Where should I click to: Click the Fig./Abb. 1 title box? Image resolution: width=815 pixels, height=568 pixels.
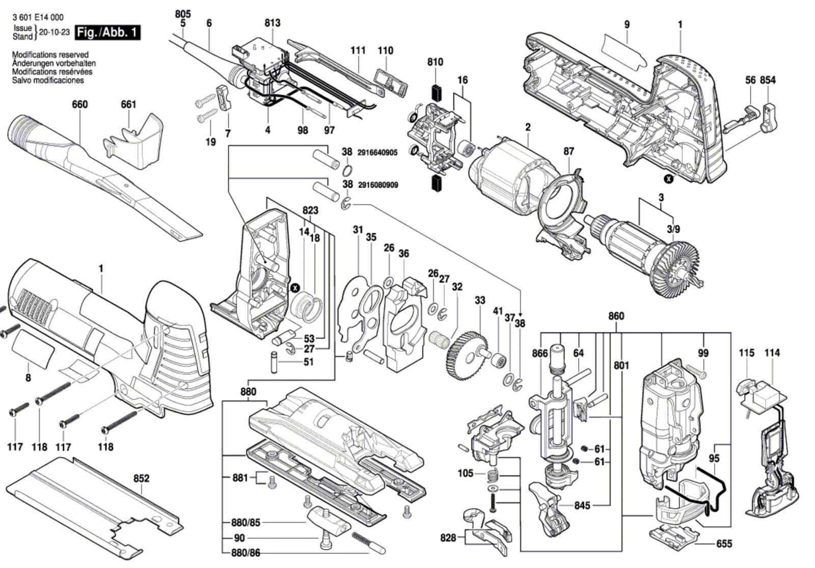(x=107, y=33)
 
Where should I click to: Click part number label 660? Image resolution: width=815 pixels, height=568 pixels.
(x=79, y=104)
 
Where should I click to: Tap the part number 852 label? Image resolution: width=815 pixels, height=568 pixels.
(x=141, y=478)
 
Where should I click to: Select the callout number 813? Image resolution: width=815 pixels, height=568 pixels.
(x=272, y=23)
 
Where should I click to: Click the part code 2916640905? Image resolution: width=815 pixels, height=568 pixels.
(x=377, y=152)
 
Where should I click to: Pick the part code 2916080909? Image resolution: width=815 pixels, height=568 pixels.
(x=377, y=185)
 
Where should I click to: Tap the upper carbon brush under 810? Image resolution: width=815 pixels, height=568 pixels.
(x=436, y=93)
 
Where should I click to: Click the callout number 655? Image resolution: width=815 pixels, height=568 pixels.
(x=724, y=544)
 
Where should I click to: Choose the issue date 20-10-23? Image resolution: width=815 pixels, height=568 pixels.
(x=54, y=32)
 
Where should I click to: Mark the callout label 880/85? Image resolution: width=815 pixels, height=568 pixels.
(x=246, y=523)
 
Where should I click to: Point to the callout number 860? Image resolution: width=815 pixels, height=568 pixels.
(x=616, y=316)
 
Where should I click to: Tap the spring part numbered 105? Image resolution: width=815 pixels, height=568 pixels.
(x=492, y=476)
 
